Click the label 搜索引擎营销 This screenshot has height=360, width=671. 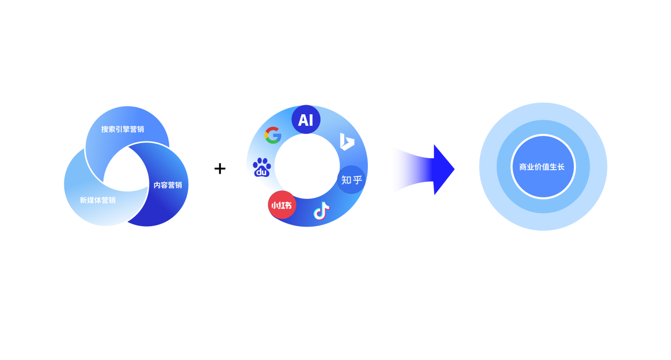(122, 129)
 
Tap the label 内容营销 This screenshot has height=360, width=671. (168, 185)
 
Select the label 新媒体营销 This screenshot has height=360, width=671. (98, 200)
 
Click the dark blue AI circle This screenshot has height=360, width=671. (306, 120)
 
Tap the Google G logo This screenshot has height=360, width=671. (273, 135)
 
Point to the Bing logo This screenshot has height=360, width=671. (347, 141)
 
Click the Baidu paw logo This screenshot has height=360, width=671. (262, 167)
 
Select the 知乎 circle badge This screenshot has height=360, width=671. (351, 180)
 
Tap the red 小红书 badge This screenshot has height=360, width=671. (282, 205)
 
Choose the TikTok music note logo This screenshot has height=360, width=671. (321, 211)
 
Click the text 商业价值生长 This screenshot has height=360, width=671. (542, 167)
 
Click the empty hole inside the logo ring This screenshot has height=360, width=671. (307, 166)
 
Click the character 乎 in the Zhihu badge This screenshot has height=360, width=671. (357, 180)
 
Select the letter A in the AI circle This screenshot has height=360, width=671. (302, 120)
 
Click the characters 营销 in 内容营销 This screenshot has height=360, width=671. (175, 185)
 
